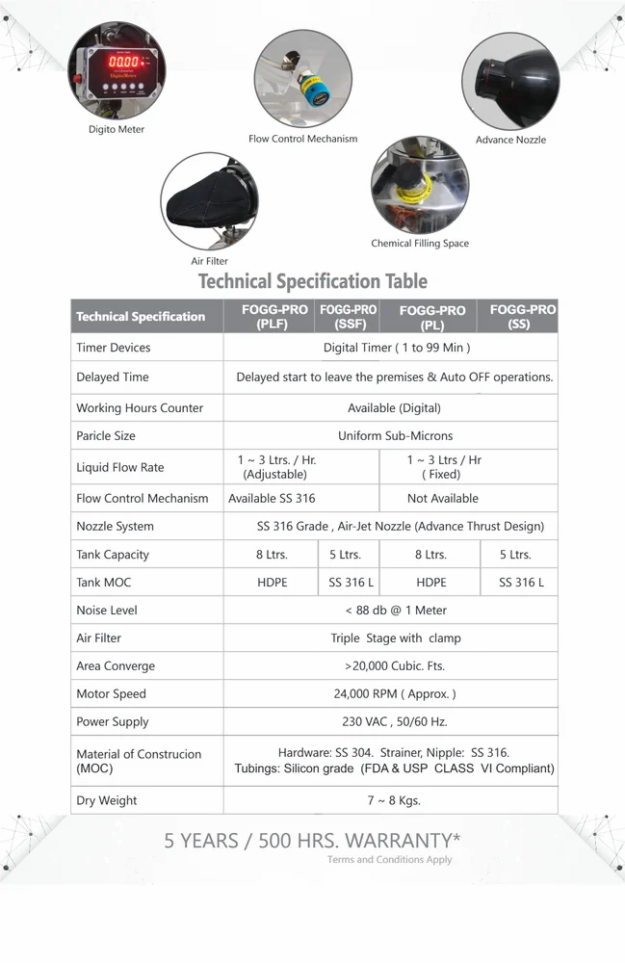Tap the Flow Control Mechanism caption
[x=302, y=139]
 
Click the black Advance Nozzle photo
[x=509, y=82]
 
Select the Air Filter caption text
[x=209, y=261]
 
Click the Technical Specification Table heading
[x=312, y=281]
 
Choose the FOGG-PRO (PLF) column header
[x=272, y=317]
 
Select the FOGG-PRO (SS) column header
[x=520, y=317]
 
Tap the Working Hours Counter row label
[x=140, y=408]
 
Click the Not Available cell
[x=443, y=499]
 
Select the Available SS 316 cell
[x=272, y=499]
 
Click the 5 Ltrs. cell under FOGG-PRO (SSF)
[x=346, y=555]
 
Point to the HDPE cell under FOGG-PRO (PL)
[x=430, y=583]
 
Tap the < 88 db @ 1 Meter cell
[x=395, y=611]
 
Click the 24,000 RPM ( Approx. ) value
[x=395, y=694]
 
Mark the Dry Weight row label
[x=107, y=801]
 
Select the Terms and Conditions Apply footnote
[x=389, y=860]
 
